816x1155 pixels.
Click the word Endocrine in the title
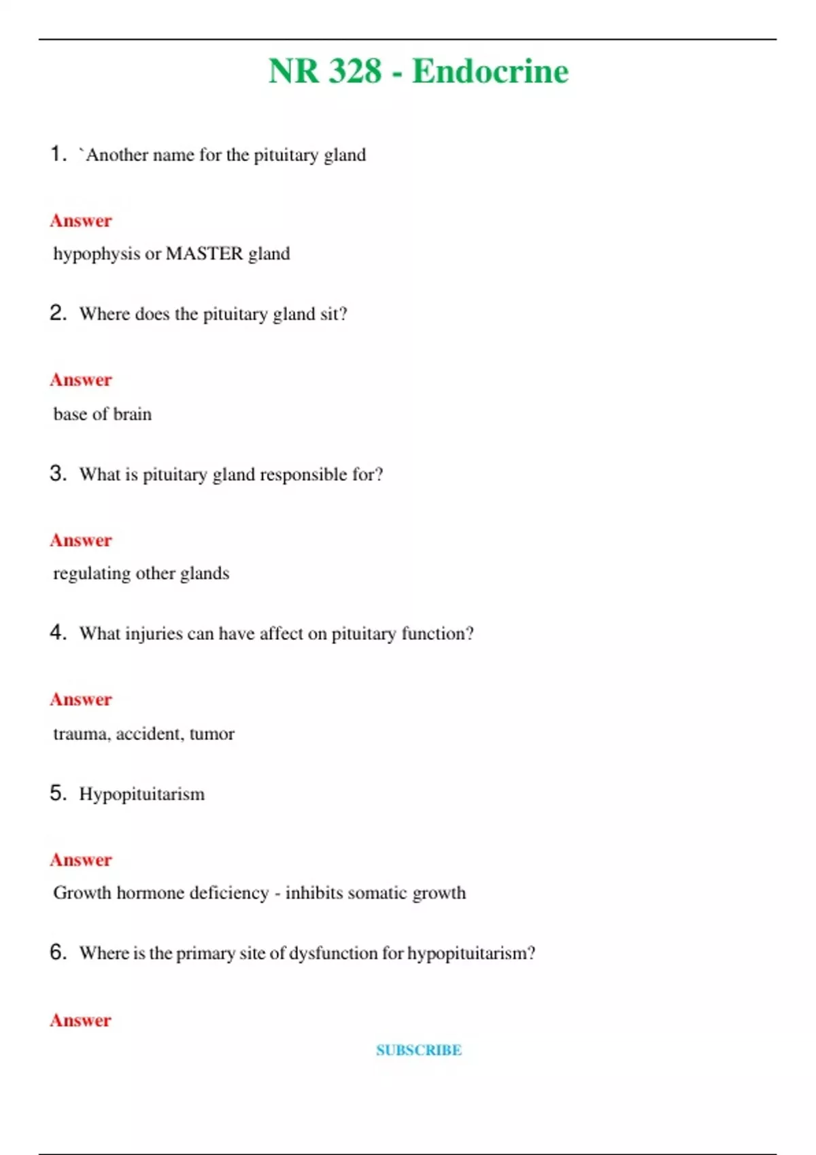490,71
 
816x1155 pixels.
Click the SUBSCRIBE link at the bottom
419,1050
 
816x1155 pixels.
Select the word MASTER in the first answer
204,253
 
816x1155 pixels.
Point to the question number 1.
58,154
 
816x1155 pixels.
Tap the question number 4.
58,633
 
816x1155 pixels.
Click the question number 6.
58,952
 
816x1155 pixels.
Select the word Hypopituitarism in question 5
141,794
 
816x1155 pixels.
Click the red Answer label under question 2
80,380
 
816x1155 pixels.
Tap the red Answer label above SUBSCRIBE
80,1020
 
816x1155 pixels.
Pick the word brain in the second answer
132,414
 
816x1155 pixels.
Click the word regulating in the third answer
92,574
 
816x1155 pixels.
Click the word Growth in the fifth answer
82,893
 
